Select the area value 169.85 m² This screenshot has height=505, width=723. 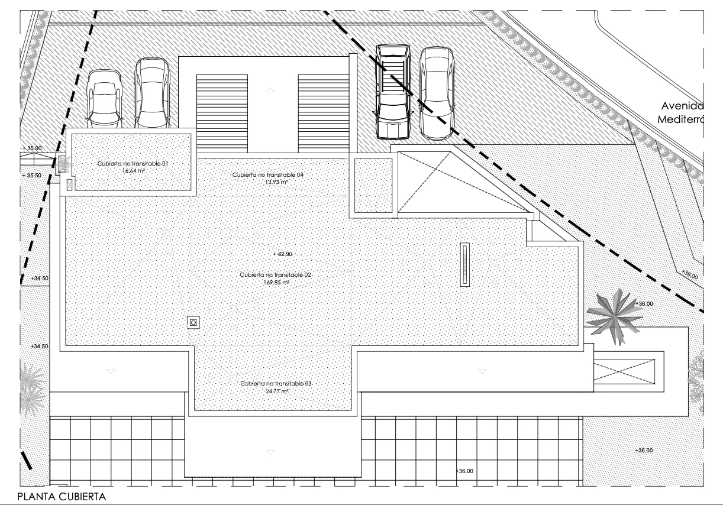click(x=275, y=283)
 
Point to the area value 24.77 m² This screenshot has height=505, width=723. click(x=275, y=391)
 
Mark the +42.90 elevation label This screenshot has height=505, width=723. click(x=283, y=254)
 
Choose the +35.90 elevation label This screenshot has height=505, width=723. click(x=32, y=148)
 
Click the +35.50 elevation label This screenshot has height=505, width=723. click(x=32, y=176)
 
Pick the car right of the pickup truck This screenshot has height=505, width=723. click(x=437, y=93)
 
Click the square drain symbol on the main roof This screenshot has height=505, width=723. click(x=193, y=322)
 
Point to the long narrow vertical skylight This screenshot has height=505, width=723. click(x=466, y=265)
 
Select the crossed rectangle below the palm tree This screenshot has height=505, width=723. click(x=624, y=371)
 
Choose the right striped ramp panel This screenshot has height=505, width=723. click(x=323, y=113)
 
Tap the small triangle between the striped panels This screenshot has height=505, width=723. click(x=271, y=90)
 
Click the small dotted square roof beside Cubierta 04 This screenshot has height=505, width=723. click(x=373, y=186)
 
